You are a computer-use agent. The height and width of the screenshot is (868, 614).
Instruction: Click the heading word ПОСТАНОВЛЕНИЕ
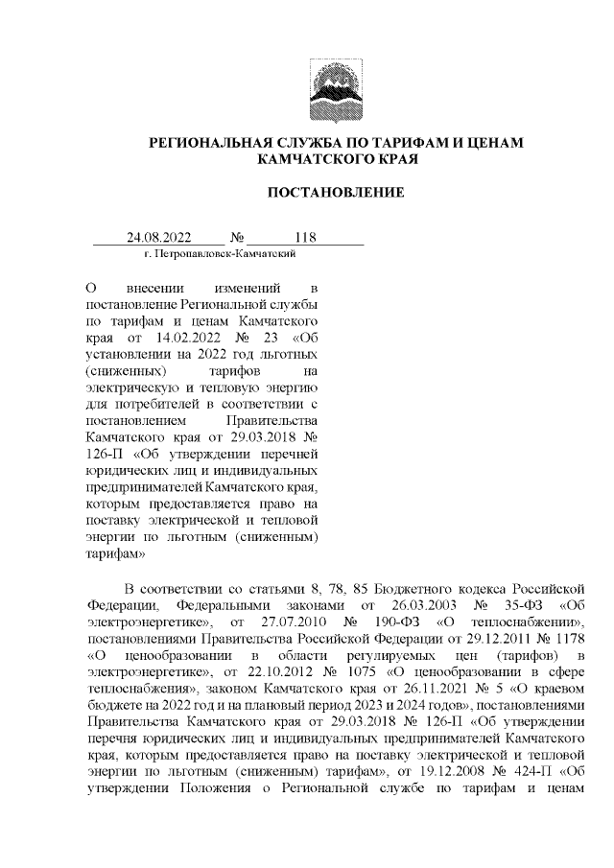335,193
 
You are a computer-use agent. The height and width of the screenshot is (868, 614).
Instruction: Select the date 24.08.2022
160,237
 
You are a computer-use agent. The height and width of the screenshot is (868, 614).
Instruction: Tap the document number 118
306,237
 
